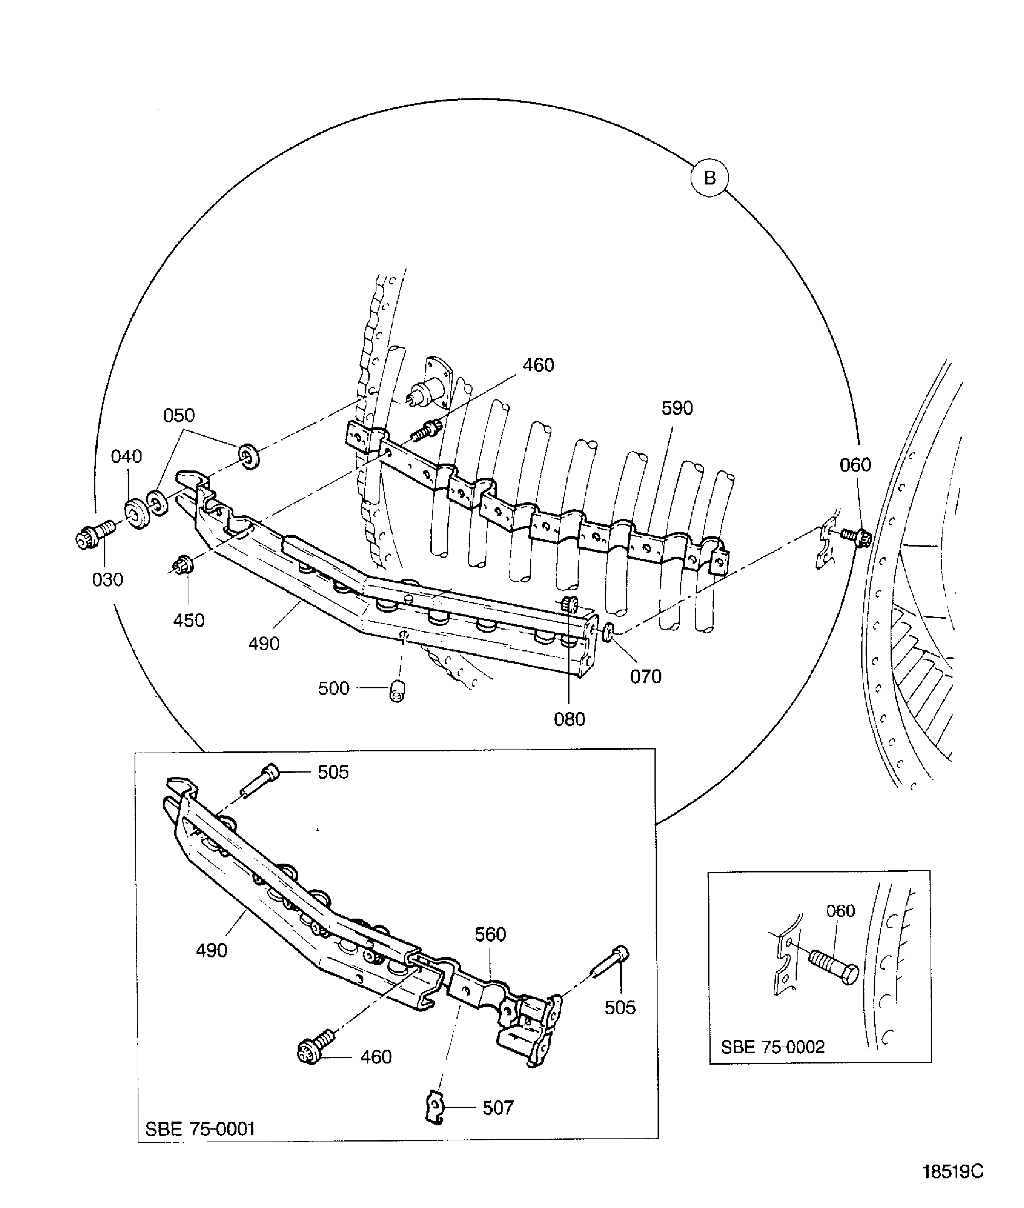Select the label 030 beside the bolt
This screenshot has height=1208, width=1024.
(x=108, y=579)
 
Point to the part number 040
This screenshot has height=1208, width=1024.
(x=126, y=457)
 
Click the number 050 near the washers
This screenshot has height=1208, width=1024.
(x=179, y=415)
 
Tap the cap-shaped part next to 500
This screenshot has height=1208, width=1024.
(x=397, y=690)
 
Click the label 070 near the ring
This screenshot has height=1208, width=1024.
(x=646, y=676)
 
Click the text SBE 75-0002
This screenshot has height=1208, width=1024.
(x=772, y=1047)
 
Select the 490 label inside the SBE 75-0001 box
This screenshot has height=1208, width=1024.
(x=211, y=950)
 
